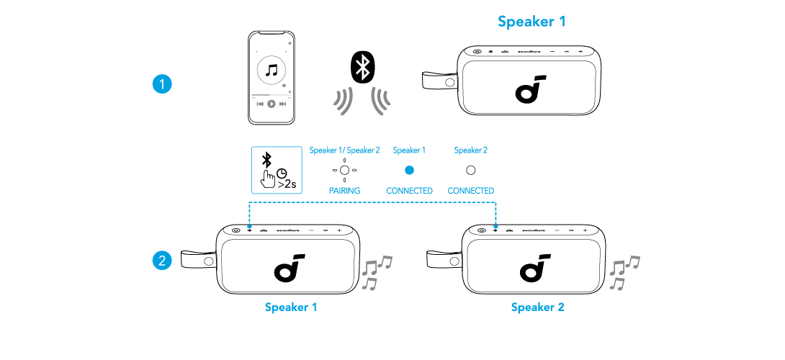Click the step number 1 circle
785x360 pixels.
pos(162,84)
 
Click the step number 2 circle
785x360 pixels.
pos(162,260)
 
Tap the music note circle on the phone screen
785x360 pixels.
pos(272,71)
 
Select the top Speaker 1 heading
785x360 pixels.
pos(531,22)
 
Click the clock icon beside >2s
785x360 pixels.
pos(282,174)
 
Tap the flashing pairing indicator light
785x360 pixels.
pos(345,171)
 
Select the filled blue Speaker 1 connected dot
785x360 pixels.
pos(409,171)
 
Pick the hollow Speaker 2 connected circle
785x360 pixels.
pos(471,171)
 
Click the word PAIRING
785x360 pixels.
pos(345,191)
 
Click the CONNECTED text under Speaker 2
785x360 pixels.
pos(471,191)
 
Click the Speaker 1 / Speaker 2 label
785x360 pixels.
pos(344,150)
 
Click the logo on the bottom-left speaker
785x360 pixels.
pos(288,267)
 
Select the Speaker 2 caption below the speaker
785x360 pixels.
pos(537,307)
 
